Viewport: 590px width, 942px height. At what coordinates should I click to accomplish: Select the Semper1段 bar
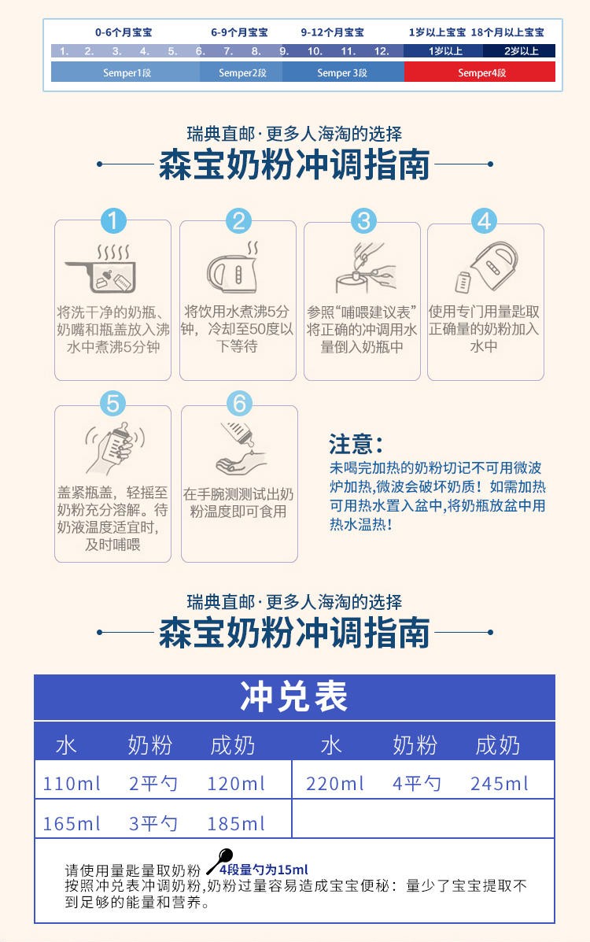pyautogui.click(x=126, y=72)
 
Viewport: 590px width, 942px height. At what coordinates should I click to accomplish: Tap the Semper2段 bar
pyautogui.click(x=242, y=72)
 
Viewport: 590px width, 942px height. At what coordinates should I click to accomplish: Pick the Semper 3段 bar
pyautogui.click(x=343, y=72)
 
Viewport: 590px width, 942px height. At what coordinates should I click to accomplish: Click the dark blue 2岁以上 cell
pyautogui.click(x=519, y=51)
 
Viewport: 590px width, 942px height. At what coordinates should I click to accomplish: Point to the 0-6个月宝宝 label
pyautogui.click(x=124, y=32)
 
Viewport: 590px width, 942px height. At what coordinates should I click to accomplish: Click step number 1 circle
pyautogui.click(x=113, y=220)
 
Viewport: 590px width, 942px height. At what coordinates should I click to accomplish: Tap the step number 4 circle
pyautogui.click(x=485, y=220)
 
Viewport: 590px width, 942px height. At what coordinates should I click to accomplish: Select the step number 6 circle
pyautogui.click(x=239, y=404)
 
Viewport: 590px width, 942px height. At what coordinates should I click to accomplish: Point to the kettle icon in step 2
pyautogui.click(x=235, y=268)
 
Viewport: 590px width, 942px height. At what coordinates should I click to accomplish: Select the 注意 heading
pyautogui.click(x=355, y=445)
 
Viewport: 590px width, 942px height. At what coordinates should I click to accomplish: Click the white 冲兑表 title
pyautogui.click(x=293, y=696)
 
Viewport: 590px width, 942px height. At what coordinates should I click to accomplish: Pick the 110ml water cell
pyautogui.click(x=72, y=783)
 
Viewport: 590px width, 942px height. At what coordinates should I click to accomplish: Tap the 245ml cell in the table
pyautogui.click(x=500, y=783)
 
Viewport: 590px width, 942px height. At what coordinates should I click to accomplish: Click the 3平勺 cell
pyautogui.click(x=153, y=823)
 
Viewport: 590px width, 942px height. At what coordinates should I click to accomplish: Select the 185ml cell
pyautogui.click(x=235, y=823)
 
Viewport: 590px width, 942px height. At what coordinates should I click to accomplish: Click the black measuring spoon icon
pyautogui.click(x=220, y=861)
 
